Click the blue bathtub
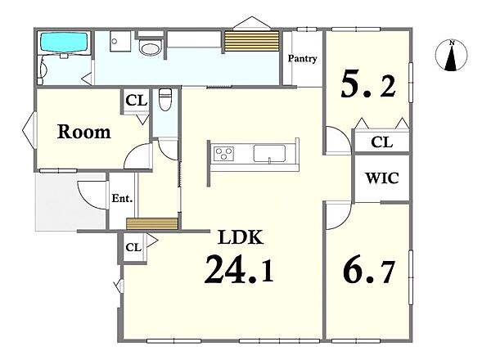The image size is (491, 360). pyautogui.click(x=64, y=43)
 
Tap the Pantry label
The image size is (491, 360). pyautogui.click(x=302, y=59)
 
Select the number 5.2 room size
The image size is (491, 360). pyautogui.click(x=368, y=83)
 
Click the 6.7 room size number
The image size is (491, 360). pyautogui.click(x=368, y=271)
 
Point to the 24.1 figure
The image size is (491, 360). pyautogui.click(x=239, y=269)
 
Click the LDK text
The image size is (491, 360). pyautogui.click(x=241, y=237)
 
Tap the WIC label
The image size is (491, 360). pyautogui.click(x=382, y=178)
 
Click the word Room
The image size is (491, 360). pyautogui.click(x=84, y=132)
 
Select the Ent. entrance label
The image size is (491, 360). pyautogui.click(x=122, y=198)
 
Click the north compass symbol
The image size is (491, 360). pyautogui.click(x=451, y=55)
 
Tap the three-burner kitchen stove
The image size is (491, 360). pyautogui.click(x=223, y=154)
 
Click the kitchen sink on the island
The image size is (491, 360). pyautogui.click(x=269, y=153)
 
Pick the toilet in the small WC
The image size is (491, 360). pyautogui.click(x=165, y=100)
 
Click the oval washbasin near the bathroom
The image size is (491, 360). pyautogui.click(x=150, y=49)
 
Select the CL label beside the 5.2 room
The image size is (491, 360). pyautogui.click(x=381, y=142)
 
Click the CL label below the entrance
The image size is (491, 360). pyautogui.click(x=133, y=248)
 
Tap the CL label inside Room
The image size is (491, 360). pyautogui.click(x=136, y=101)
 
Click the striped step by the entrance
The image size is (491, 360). pyautogui.click(x=152, y=224)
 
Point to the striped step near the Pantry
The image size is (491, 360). pyautogui.click(x=252, y=41)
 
